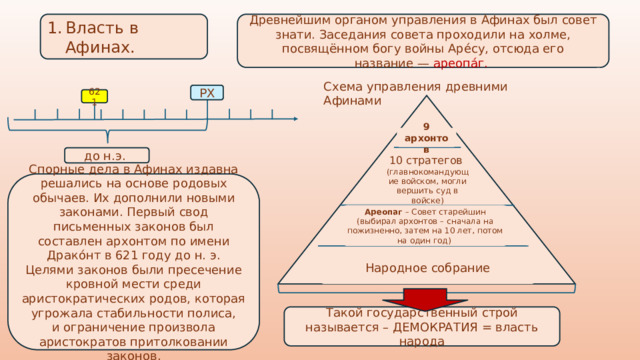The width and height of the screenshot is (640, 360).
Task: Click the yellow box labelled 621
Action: pos(94,97)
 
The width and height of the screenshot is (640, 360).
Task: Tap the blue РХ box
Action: pos(207,93)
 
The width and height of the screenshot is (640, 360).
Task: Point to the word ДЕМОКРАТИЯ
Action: pos(431,326)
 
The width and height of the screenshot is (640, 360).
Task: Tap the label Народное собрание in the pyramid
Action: pos(427,268)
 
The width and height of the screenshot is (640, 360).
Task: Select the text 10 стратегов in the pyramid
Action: pos(426,160)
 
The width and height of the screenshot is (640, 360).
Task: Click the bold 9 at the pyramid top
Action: pos(426,127)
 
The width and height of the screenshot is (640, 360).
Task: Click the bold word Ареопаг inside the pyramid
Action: pos(382,212)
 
